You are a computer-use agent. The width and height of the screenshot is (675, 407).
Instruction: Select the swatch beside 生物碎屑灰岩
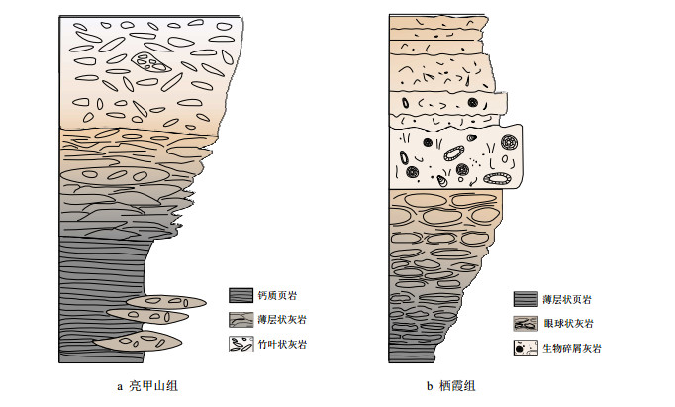pos(526,348)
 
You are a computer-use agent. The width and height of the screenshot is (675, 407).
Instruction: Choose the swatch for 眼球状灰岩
pos(526,324)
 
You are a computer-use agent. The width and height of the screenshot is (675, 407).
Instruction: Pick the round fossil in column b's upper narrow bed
pos(473,102)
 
